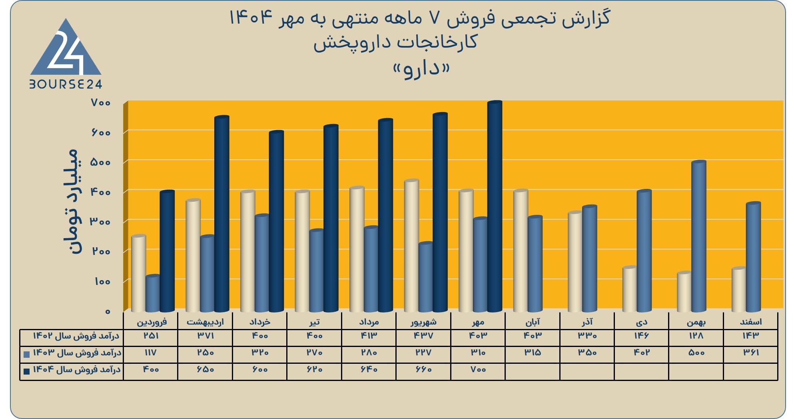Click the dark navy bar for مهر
pyautogui.click(x=495, y=206)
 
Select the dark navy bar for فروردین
pyautogui.click(x=167, y=251)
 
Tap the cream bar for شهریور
pyautogui.click(x=412, y=245)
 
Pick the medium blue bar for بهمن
pyautogui.click(x=699, y=236)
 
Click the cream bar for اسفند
pyautogui.click(x=739, y=289)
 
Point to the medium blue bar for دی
pyautogui.click(x=644, y=251)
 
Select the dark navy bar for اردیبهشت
pyautogui.click(x=222, y=214)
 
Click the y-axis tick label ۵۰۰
pyautogui.click(x=100, y=162)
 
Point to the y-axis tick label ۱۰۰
pyautogui.click(x=102, y=281)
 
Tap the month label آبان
pyautogui.click(x=533, y=322)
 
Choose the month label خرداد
pyautogui.click(x=260, y=322)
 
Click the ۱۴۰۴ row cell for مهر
pyautogui.click(x=478, y=370)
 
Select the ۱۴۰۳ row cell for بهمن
pyautogui.click(x=696, y=353)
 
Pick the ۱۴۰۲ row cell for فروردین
pyautogui.click(x=151, y=336)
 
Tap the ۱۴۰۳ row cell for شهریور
pyautogui.click(x=423, y=353)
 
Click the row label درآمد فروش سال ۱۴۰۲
pyautogui.click(x=76, y=336)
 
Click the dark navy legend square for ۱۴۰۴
pyautogui.click(x=27, y=371)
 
